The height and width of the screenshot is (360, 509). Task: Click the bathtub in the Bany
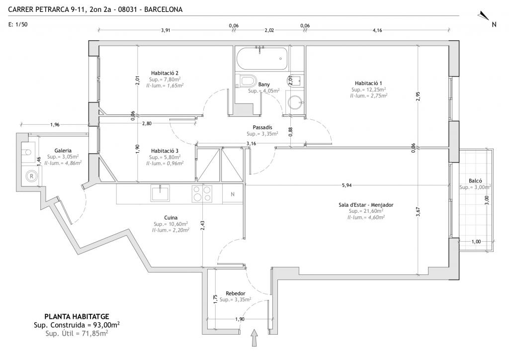[261, 59]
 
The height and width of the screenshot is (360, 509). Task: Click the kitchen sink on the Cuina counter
[160, 193]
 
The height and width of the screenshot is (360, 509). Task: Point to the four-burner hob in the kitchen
[202, 193]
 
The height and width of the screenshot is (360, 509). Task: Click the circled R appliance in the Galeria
[31, 176]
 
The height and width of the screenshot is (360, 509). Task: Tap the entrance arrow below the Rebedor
[254, 338]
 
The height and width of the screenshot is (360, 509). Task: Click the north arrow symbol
[483, 15]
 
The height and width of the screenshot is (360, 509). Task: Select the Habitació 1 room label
[368, 83]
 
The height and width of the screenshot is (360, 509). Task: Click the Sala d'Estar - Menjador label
[366, 205]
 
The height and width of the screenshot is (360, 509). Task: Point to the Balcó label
[475, 181]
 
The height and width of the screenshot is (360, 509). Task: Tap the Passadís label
[262, 127]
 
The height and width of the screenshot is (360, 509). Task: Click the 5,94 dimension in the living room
[346, 185]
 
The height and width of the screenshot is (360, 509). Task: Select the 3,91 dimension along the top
[166, 30]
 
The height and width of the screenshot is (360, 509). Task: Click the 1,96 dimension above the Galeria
[55, 124]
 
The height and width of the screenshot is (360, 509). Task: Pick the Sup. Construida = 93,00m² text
[77, 325]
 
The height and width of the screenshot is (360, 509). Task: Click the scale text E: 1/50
[18, 24]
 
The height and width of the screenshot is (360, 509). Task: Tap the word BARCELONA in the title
[163, 9]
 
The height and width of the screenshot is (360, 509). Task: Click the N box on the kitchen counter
[233, 194]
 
